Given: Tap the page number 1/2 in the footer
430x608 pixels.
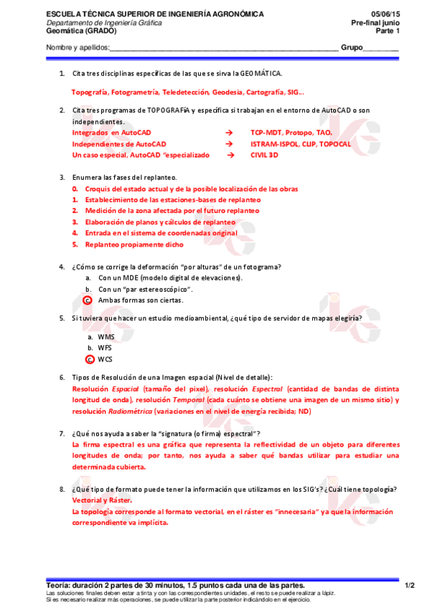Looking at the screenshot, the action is click(409, 585).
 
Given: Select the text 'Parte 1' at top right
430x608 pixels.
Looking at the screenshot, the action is click(406, 31).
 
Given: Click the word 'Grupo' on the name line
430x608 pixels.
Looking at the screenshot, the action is click(352, 47).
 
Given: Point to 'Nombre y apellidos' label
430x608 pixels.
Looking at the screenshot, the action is click(78, 47).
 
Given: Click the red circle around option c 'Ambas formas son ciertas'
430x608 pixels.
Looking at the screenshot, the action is click(88, 300).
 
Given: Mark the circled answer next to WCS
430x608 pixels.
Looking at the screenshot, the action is click(90, 358).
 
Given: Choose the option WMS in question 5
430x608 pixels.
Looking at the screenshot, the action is click(106, 336).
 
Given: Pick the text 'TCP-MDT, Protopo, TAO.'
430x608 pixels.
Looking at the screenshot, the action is click(291, 133).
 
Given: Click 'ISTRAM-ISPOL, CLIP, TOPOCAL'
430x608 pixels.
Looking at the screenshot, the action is click(300, 143).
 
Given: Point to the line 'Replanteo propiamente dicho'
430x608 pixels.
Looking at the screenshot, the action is click(134, 244).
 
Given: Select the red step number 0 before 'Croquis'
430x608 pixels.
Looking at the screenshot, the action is click(75, 189).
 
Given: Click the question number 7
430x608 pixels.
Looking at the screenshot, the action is click(62, 434).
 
